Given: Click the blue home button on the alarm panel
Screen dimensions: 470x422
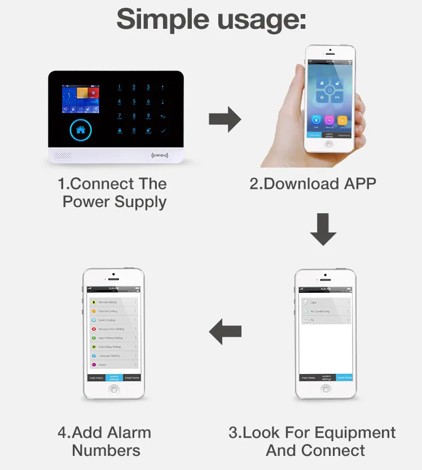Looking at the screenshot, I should [x=80, y=130].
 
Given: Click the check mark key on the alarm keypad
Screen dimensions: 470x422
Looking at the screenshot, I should [x=163, y=131].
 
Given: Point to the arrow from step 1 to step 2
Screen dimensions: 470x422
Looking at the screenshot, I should [x=225, y=119].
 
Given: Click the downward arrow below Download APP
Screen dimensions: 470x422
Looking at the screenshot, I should [x=323, y=230].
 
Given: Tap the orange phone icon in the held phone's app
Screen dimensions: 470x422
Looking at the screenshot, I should [x=342, y=120].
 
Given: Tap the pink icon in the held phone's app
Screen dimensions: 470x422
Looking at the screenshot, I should [x=328, y=120].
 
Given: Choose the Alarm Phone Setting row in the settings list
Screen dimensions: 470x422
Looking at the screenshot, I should [x=113, y=337].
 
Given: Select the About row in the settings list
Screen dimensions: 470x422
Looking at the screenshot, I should [x=113, y=364].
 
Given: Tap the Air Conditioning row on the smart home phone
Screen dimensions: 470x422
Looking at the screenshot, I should [x=326, y=311].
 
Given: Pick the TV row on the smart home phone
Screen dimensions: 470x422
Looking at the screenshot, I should [x=326, y=320].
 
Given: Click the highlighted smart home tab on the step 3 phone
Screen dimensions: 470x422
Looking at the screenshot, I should [x=344, y=377].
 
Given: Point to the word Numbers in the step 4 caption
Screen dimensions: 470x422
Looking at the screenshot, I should [x=106, y=450].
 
